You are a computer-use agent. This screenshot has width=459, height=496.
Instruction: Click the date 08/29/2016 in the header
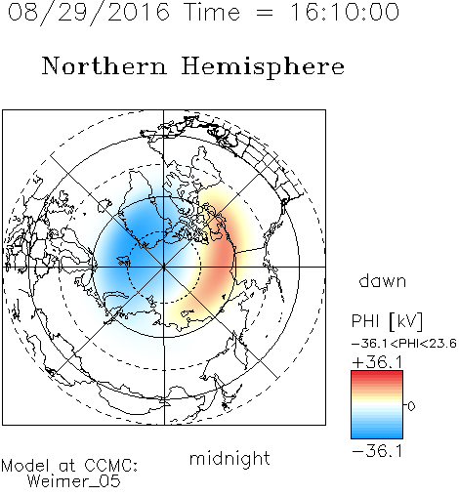pyautogui.click(x=89, y=13)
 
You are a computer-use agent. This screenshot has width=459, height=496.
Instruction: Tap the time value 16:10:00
pyautogui.click(x=345, y=12)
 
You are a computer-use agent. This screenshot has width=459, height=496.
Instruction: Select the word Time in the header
pyautogui.click(x=212, y=12)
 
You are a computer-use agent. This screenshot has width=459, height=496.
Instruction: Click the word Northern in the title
pyautogui.click(x=104, y=66)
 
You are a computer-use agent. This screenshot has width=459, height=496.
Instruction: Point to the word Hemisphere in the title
pyautogui.click(x=263, y=67)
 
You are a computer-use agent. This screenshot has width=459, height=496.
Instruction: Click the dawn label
pyautogui.click(x=383, y=281)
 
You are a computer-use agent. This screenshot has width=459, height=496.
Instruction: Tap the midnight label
pyautogui.click(x=229, y=458)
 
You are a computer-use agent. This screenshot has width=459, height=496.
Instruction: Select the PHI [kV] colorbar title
pyautogui.click(x=387, y=321)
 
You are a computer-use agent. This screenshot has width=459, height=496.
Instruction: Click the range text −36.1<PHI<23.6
pyautogui.click(x=404, y=344)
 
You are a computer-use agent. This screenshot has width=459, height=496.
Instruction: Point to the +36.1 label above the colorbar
pyautogui.click(x=377, y=362)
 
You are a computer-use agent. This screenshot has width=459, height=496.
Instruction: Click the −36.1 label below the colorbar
pyautogui.click(x=377, y=451)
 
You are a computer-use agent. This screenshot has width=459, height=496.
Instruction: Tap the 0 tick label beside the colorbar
pyautogui.click(x=411, y=406)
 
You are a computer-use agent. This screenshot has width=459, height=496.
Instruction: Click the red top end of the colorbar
pyautogui.click(x=377, y=373)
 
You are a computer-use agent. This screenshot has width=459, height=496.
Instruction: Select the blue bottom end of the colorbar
pyautogui.click(x=377, y=435)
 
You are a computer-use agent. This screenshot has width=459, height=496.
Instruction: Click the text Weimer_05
pyautogui.click(x=74, y=481)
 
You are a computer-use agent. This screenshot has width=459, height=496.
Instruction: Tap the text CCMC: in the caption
pyautogui.click(x=111, y=466)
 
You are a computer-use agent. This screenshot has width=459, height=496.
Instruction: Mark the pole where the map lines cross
pyautogui.click(x=164, y=267)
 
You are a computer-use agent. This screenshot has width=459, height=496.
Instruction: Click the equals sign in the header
pyautogui.click(x=265, y=13)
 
